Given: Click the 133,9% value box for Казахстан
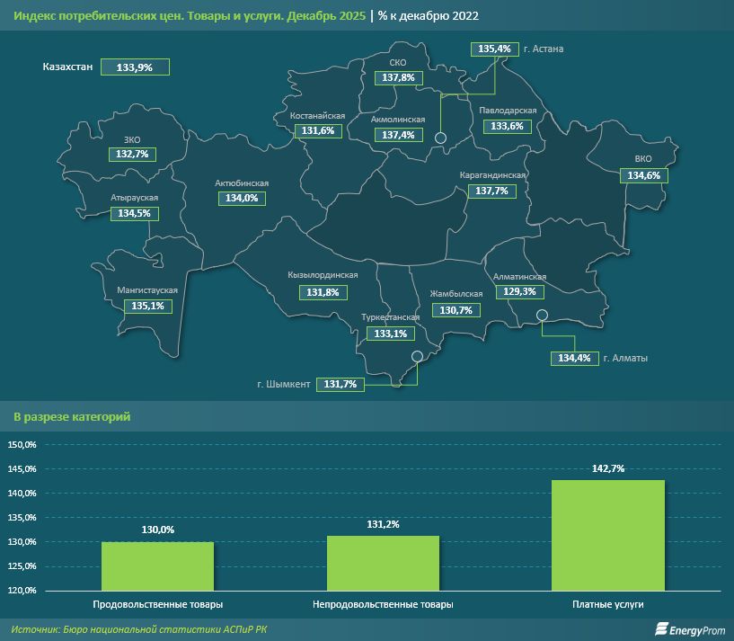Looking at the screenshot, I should click(136, 67).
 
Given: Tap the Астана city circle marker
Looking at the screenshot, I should click(440, 138).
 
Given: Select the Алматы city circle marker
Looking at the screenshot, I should click(542, 315).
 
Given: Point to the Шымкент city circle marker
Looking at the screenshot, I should click(417, 356).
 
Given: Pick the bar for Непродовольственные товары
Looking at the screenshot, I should click(383, 563).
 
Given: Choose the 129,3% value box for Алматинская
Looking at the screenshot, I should click(521, 292).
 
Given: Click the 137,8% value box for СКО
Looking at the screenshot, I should click(398, 78).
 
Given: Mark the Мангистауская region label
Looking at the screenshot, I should click(147, 290).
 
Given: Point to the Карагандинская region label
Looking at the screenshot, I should click(492, 175).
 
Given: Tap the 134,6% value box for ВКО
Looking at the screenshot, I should click(643, 175).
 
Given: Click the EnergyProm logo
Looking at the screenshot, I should click(688, 628).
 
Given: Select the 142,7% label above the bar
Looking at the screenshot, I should click(608, 468).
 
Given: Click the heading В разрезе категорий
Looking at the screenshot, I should click(72, 417).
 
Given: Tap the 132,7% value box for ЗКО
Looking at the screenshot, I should click(132, 155).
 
